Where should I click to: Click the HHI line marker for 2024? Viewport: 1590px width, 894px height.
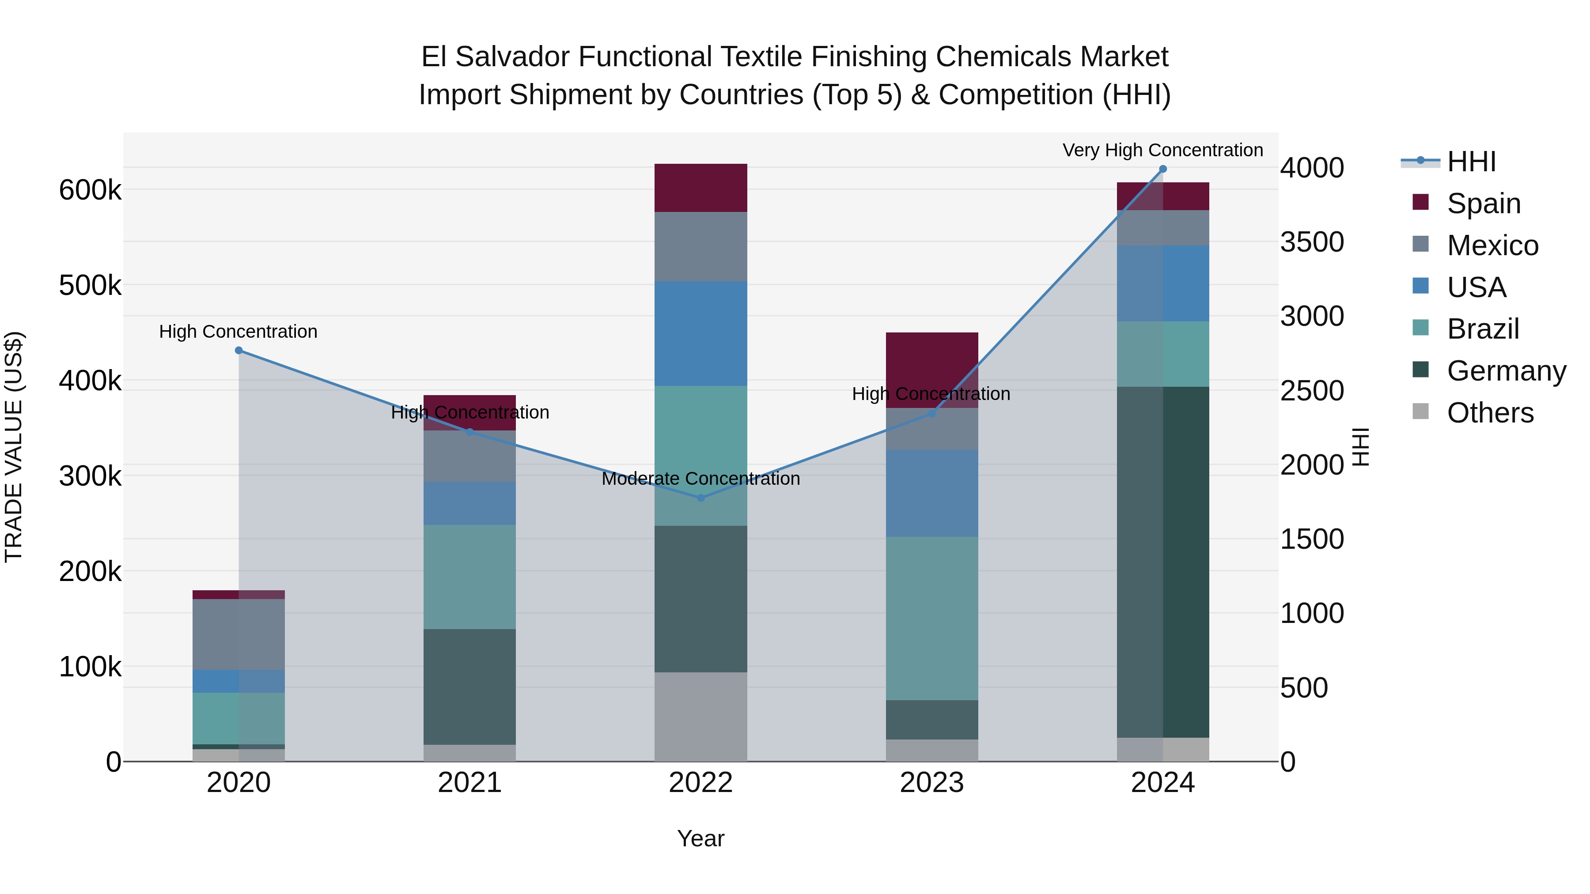pyautogui.click(x=1163, y=169)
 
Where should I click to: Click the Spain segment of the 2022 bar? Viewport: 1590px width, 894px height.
pyautogui.click(x=700, y=188)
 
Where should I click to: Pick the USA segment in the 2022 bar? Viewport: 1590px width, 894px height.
pyautogui.click(x=700, y=333)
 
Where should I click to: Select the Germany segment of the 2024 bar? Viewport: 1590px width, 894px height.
pyautogui.click(x=1163, y=562)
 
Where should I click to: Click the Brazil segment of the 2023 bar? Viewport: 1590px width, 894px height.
pyautogui.click(x=932, y=618)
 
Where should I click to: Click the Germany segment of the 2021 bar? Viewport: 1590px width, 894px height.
pyautogui.click(x=469, y=687)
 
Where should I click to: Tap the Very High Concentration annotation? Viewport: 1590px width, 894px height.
pyautogui.click(x=1163, y=150)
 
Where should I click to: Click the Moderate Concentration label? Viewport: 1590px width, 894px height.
pyautogui.click(x=700, y=478)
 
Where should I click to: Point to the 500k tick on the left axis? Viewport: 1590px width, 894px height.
pyautogui.click(x=90, y=286)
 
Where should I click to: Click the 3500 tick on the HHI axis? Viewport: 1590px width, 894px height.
pyautogui.click(x=1312, y=242)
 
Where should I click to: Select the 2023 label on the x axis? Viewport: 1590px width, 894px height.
pyautogui.click(x=931, y=783)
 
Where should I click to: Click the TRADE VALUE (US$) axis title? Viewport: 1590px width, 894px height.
pyautogui.click(x=14, y=447)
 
